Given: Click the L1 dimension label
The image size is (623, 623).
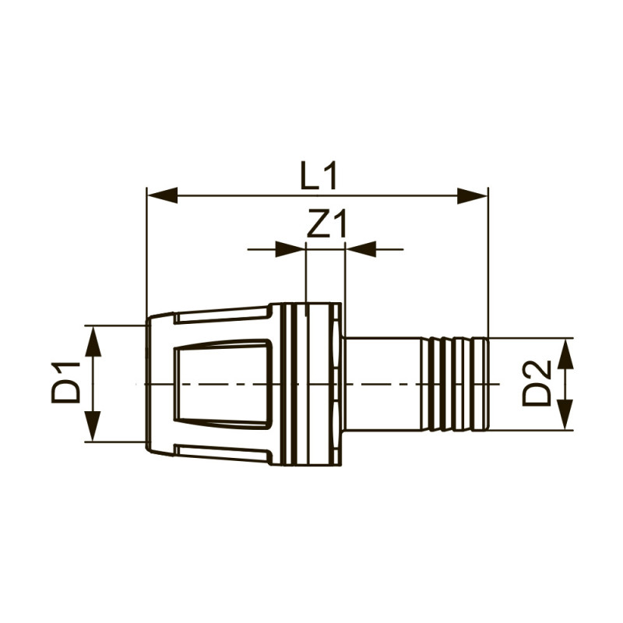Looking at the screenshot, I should tap(319, 176).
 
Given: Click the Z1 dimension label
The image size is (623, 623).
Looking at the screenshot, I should tap(326, 226).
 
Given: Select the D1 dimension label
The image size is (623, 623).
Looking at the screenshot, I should tap(68, 382).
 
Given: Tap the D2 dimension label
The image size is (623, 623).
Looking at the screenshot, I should tap(537, 383).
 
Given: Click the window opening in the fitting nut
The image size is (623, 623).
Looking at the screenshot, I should tap(222, 383).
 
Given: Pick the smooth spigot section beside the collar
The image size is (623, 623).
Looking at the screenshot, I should tap(382, 383).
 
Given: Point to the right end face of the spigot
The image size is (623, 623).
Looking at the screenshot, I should tap(487, 383).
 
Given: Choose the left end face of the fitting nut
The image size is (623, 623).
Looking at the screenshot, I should tap(148, 383).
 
